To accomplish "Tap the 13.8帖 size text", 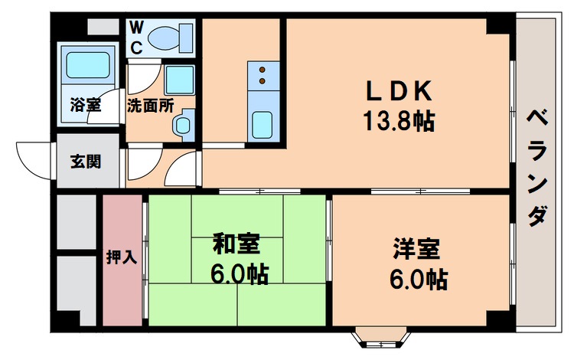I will point(398,120).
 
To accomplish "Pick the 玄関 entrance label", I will point(85,162).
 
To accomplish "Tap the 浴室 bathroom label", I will point(84,105).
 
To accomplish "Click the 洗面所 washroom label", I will point(150,105).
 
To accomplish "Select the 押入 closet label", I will point(122,257).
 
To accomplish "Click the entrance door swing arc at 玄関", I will point(31,161).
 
